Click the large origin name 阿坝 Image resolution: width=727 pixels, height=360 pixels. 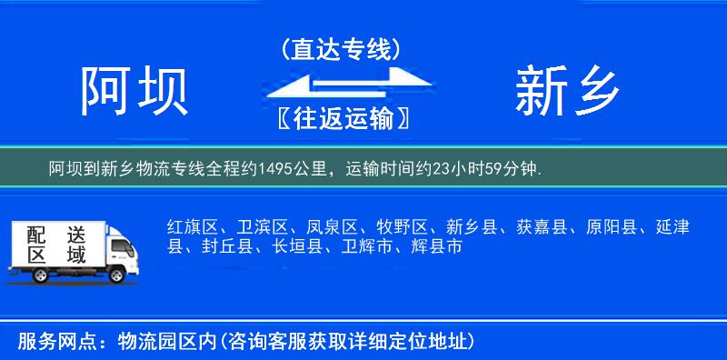(x=134, y=91)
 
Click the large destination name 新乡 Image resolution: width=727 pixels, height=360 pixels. (x=568, y=91)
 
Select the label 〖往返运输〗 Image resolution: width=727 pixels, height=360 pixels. (x=341, y=117)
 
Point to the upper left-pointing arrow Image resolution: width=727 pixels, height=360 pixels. (x=314, y=84)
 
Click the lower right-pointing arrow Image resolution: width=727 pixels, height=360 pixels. (x=373, y=96)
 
